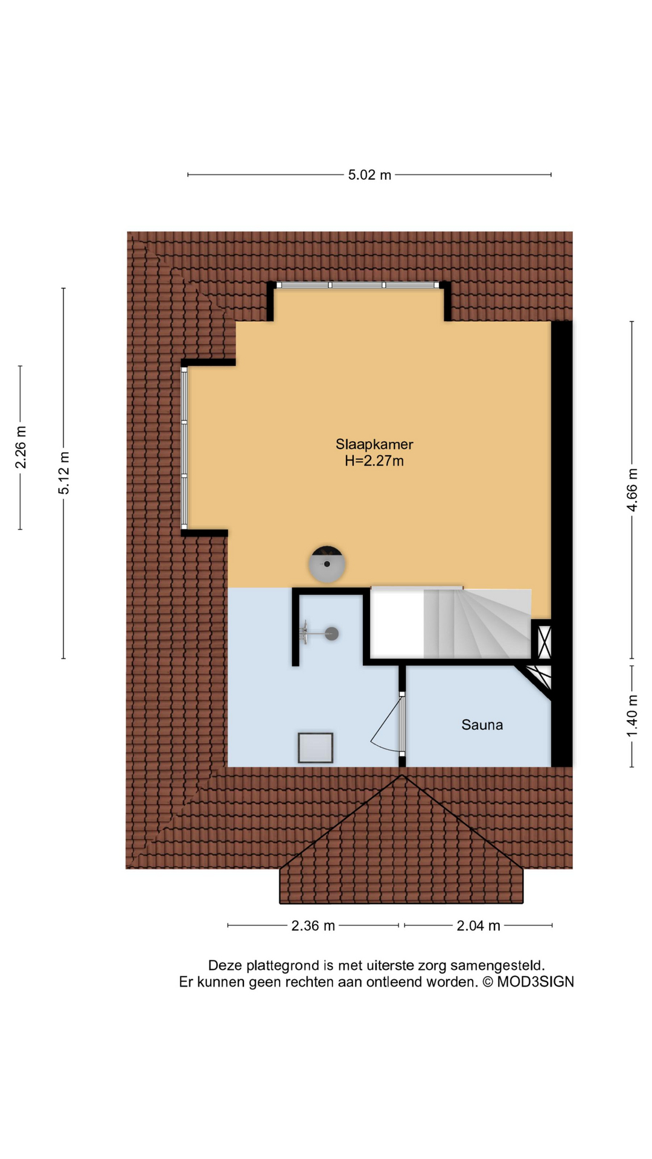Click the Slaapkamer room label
point(374,444)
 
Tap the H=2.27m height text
point(374,461)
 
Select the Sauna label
point(482,725)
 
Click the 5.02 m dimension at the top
point(369,175)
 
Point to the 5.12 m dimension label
point(64,473)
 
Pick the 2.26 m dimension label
point(21,447)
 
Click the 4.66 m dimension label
point(632,490)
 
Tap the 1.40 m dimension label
point(632,716)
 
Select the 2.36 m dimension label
point(313,926)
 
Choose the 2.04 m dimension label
point(478,926)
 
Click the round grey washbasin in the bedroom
point(327,564)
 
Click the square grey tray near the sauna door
point(315,748)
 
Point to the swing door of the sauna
point(386,724)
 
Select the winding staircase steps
point(477,624)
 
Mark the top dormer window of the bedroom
point(358,285)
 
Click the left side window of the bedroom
point(184,448)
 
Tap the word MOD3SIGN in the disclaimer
point(535,982)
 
